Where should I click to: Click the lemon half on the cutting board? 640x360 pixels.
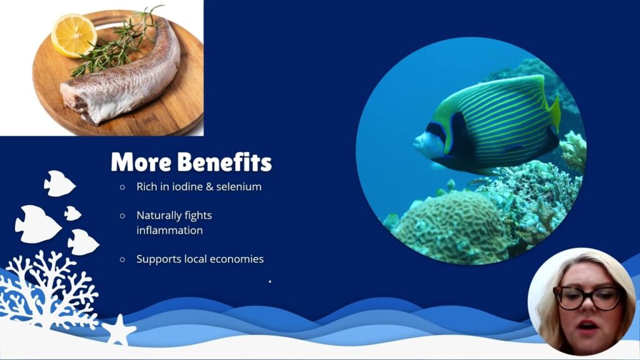click(x=74, y=36)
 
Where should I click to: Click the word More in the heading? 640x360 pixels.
click(x=141, y=162)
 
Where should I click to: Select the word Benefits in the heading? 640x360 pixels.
click(x=225, y=162)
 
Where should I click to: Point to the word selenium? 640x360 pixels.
click(x=239, y=186)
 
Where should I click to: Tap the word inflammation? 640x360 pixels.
click(x=169, y=230)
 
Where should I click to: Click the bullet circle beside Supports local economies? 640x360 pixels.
click(x=122, y=259)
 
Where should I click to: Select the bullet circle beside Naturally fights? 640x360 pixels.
click(x=122, y=216)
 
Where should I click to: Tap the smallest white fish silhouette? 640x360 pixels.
click(x=72, y=214)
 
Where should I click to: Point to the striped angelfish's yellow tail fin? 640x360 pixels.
click(x=555, y=114)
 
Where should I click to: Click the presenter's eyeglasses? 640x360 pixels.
click(x=587, y=297)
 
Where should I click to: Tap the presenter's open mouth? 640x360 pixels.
click(x=587, y=326)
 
